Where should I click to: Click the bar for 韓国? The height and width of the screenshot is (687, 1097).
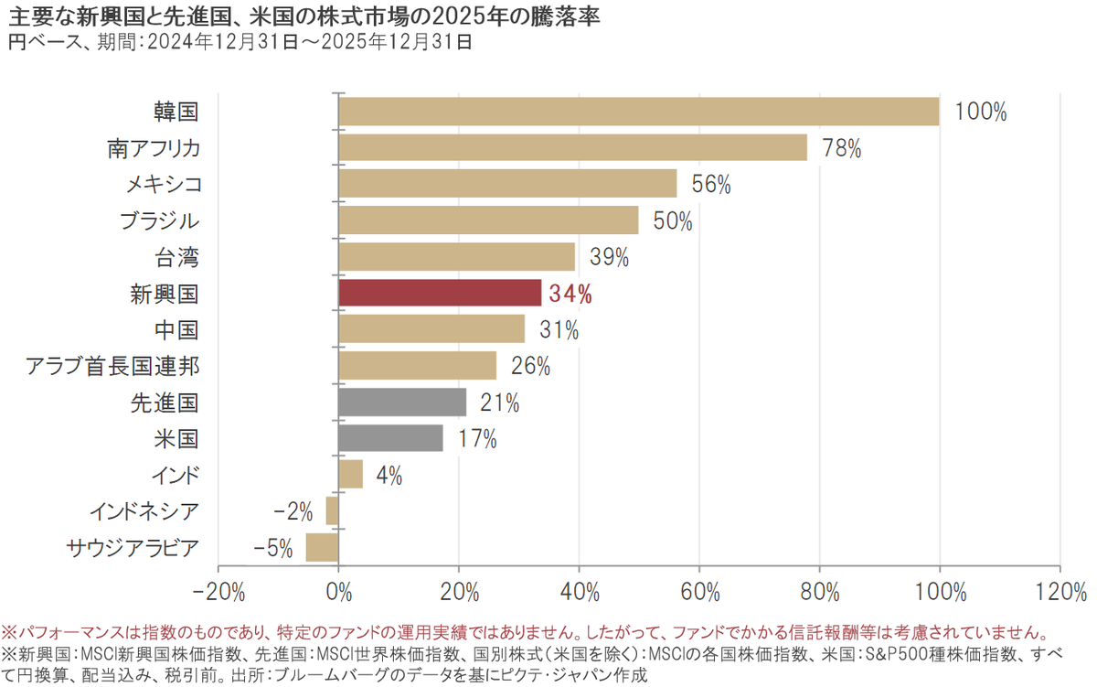638,112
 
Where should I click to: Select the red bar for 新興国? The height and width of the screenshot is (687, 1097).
440,294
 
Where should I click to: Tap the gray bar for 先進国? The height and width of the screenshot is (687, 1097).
402,403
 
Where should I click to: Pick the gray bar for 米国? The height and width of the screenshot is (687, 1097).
390,438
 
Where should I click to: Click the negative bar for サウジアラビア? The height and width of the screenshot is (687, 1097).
322,548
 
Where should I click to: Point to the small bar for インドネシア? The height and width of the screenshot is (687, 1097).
333,510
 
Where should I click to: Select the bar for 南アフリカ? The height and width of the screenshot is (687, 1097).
572,148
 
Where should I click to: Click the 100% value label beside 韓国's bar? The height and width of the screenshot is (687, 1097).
980,113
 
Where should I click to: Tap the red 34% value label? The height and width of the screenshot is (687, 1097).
570,295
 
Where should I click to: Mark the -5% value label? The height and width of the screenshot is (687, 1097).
273,549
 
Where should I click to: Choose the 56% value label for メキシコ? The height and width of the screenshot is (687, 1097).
711,185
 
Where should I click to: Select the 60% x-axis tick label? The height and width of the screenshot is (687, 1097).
698,592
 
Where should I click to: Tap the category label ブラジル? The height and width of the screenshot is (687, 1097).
159,221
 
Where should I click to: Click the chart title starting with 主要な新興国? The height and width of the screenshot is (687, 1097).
303,16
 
